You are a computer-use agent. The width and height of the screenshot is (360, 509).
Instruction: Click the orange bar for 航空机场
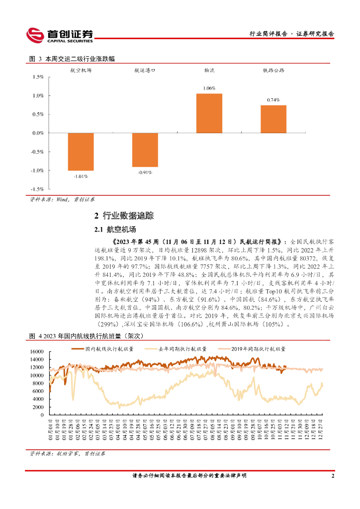(81, 152)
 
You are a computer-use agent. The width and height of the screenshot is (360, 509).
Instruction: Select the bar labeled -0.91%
(145, 150)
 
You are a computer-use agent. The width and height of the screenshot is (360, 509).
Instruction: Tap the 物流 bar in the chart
(209, 113)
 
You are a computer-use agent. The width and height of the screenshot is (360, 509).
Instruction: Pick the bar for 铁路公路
(273, 119)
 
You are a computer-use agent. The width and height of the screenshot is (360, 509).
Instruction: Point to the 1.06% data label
(209, 88)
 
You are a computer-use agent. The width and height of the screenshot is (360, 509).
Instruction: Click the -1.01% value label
(81, 176)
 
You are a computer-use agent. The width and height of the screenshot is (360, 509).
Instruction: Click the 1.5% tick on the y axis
(38, 77)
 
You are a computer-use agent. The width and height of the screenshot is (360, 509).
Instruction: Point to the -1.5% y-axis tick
(37, 189)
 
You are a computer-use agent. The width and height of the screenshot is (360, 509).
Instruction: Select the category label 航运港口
(145, 71)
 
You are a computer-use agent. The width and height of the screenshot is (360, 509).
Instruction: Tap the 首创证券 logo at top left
(60, 34)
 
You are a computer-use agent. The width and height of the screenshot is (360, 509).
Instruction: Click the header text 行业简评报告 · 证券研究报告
(291, 34)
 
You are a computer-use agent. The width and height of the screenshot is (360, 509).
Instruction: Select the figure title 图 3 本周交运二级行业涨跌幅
(72, 59)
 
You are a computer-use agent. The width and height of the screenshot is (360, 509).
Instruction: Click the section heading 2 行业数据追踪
(124, 216)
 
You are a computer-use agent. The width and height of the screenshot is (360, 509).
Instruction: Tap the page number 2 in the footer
(332, 476)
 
